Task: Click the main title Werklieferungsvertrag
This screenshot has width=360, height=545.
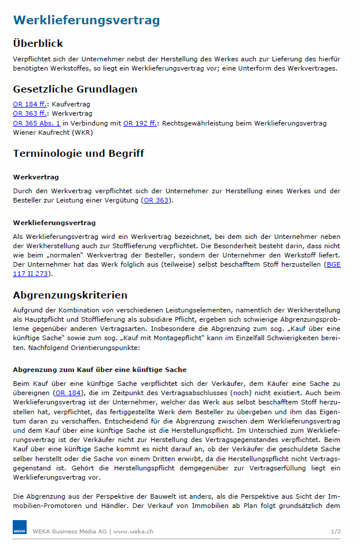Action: (86, 21)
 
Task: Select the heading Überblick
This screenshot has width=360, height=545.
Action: (38, 43)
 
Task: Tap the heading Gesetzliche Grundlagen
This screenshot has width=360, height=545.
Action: (75, 89)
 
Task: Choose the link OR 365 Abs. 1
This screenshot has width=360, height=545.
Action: (36, 123)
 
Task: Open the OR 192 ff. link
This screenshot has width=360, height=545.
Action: (139, 123)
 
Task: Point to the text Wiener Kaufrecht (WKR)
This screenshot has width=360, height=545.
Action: (50, 132)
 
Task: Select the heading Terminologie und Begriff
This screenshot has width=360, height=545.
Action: (78, 153)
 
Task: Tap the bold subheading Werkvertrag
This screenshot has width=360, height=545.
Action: (36, 176)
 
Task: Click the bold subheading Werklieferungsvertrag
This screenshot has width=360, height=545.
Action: (54, 222)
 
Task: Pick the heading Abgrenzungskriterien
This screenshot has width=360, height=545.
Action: (70, 296)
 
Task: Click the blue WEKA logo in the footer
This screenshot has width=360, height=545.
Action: (20, 529)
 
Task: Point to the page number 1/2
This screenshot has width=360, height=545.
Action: (336, 531)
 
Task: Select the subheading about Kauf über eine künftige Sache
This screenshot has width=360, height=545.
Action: (100, 370)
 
